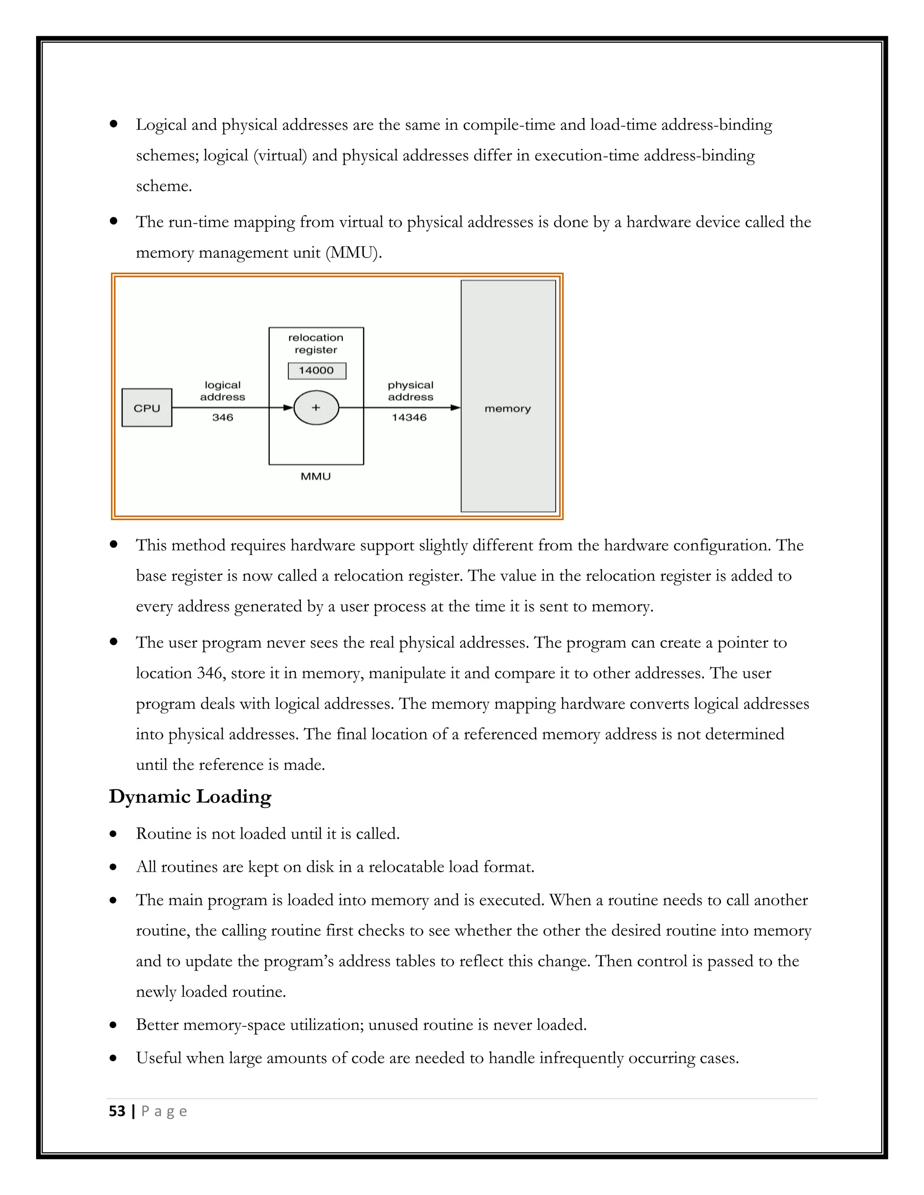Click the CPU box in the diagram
click(147, 408)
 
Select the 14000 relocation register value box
click(316, 370)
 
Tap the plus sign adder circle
click(316, 408)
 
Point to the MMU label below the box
click(316, 477)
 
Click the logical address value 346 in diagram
click(222, 418)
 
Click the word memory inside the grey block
click(508, 409)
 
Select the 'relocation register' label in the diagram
click(316, 344)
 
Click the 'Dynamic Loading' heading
click(190, 797)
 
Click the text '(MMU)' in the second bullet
click(354, 253)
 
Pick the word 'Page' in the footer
click(164, 1111)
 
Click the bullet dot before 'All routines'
click(113, 867)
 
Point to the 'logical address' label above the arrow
click(222, 391)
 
